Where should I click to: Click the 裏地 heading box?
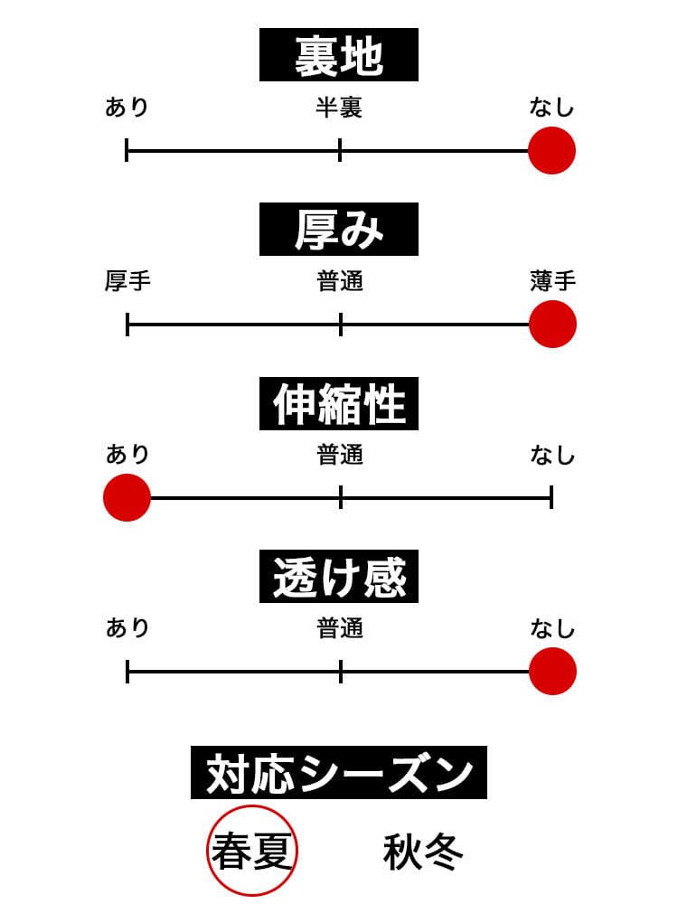tap(339, 55)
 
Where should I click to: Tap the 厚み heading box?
tap(339, 230)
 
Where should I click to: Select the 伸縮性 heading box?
tap(339, 403)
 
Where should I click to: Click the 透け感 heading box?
tap(339, 577)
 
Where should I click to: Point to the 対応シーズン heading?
tap(339, 773)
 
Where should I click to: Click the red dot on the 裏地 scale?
tap(551, 150)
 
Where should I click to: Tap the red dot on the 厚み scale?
tap(551, 324)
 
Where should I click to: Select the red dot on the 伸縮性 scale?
tap(127, 497)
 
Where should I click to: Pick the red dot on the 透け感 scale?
tap(551, 672)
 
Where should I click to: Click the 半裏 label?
tap(339, 108)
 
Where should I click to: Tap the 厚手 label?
tap(127, 282)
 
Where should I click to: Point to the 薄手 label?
tap(552, 282)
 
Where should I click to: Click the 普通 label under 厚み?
tap(340, 282)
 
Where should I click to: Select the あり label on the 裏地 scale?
tap(127, 108)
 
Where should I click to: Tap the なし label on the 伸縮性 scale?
tap(552, 456)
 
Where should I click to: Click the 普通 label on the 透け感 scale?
tap(340, 629)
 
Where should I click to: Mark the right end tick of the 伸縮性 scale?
tap(551, 497)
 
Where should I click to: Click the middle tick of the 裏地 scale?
tap(340, 150)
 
